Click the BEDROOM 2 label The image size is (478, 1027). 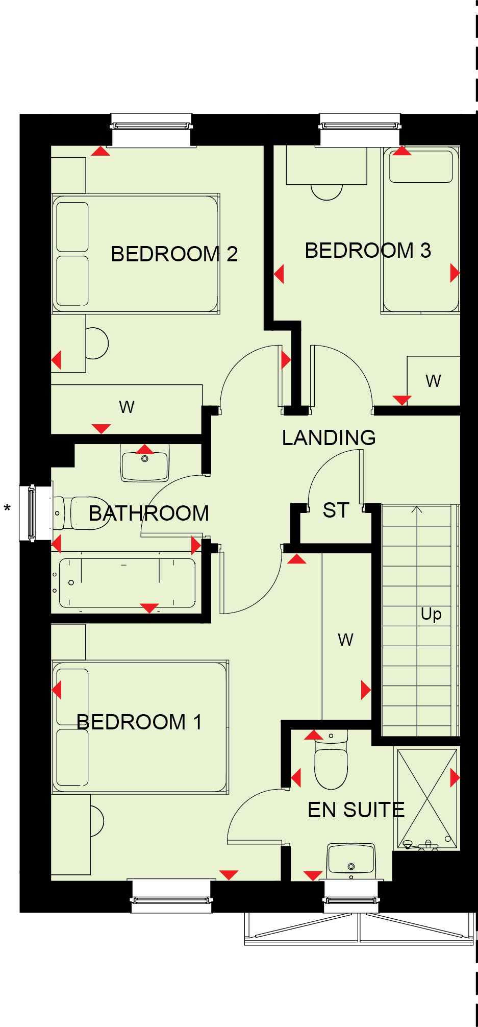coord(174,254)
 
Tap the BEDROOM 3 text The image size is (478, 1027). coord(368,251)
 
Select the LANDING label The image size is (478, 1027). coord(329,437)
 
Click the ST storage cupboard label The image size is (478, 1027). coord(336,510)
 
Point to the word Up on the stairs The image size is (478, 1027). coord(431,614)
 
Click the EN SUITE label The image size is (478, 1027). coord(356,810)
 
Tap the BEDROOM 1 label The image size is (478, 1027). coord(139,722)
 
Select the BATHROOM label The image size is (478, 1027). coord(149,513)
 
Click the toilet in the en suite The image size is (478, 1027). coord(331,760)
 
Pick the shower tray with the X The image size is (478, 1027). coord(427,798)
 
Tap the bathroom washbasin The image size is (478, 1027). coord(145,462)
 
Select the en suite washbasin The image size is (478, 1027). coord(351,860)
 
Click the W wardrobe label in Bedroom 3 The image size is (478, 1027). coord(433,381)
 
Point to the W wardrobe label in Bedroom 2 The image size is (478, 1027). coord(127,407)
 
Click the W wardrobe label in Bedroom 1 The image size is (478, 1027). coord(345,640)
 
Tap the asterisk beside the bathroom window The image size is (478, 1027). coord(7,508)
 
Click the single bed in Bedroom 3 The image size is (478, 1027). coord(420,230)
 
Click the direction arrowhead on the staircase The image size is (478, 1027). coord(417,509)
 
